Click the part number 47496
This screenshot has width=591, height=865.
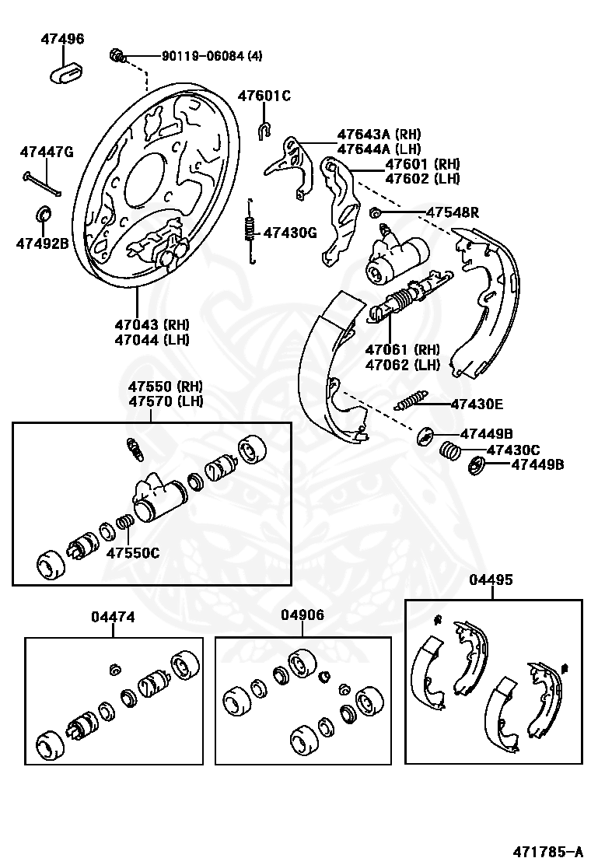63,39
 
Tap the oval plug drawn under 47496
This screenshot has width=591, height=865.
66,74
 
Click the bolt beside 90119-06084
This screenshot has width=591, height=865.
117,55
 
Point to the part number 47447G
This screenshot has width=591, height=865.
47,152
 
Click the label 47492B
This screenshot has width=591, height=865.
43,243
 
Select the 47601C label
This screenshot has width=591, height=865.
264,96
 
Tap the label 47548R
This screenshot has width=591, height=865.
452,213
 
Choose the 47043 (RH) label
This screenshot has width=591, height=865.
152,324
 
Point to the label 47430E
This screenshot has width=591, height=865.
477,404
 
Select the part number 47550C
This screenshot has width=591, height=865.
133,553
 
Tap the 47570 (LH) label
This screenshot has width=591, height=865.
166,401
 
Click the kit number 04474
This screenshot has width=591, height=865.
113,617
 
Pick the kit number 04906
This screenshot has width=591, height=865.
302,615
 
